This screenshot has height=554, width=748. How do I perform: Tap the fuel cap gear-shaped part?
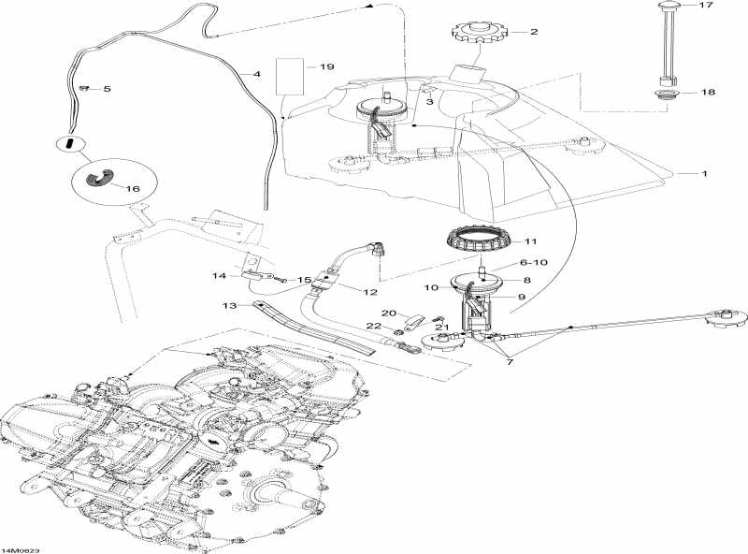click(478, 36)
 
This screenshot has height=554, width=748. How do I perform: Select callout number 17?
click(706, 6)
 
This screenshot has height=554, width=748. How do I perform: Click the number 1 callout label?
click(706, 173)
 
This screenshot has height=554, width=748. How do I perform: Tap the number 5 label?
click(107, 89)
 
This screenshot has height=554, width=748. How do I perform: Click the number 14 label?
click(219, 275)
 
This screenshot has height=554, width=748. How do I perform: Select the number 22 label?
click(373, 327)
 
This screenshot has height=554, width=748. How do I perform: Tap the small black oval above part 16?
click(69, 143)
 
